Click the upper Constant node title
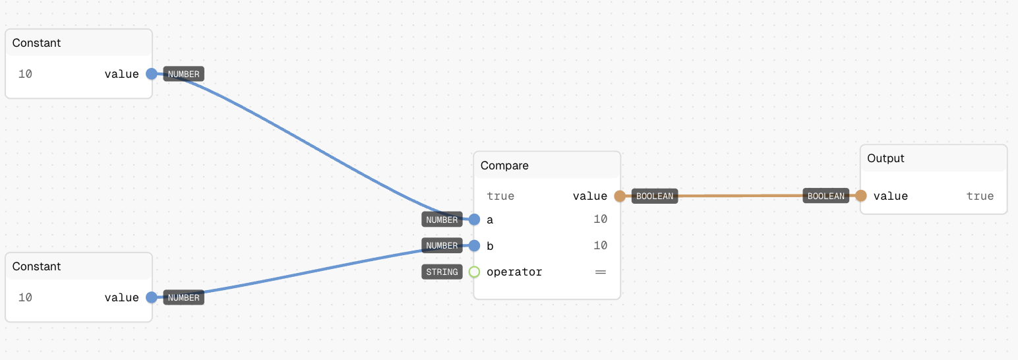tap(36, 43)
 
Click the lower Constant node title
tap(36, 266)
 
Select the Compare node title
tap(504, 165)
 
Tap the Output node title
tap(885, 158)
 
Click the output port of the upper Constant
tap(152, 74)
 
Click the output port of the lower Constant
tap(152, 297)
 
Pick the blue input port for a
tap(474, 220)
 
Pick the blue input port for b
tap(474, 245)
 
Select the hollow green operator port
tap(474, 272)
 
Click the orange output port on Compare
tap(620, 196)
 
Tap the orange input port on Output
tap(861, 195)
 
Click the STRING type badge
tap(442, 272)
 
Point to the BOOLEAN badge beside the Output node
tap(825, 195)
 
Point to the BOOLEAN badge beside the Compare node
tap(655, 196)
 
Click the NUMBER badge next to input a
tap(442, 220)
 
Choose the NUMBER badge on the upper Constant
tap(183, 74)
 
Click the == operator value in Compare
tap(601, 272)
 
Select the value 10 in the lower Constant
tap(25, 297)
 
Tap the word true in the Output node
tap(980, 196)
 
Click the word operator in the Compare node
tap(514, 272)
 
